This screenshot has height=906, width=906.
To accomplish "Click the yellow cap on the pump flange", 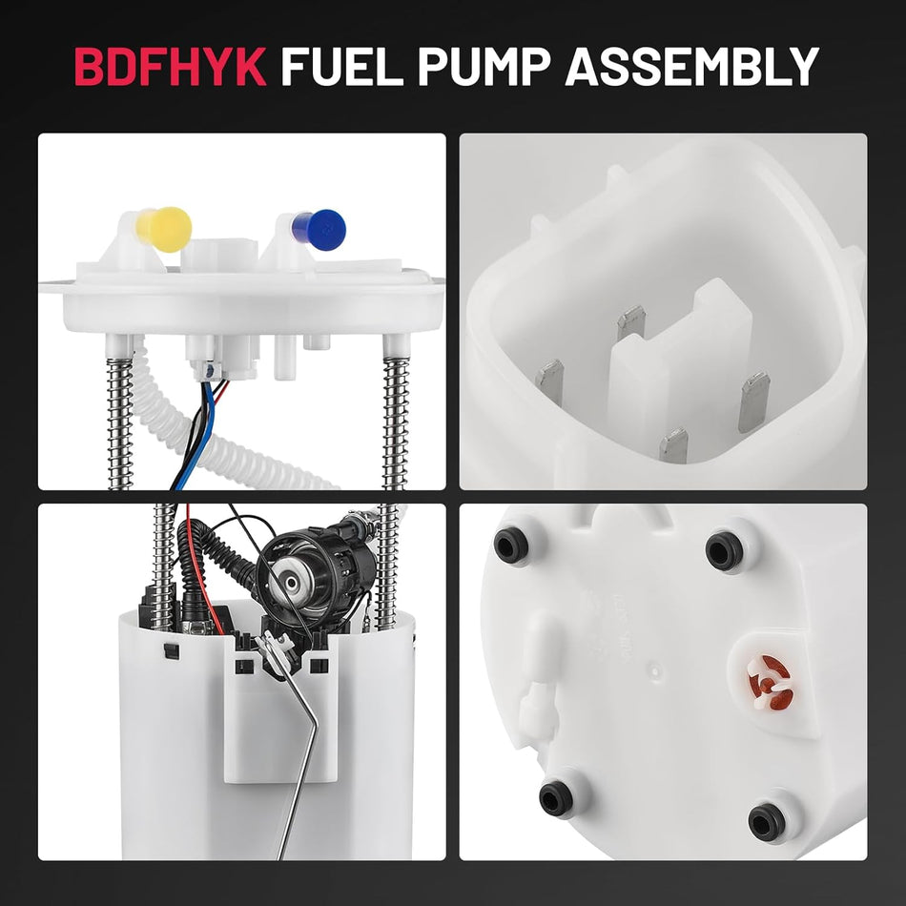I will pos(168,229).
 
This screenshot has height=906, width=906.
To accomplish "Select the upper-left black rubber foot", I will pos(510,545).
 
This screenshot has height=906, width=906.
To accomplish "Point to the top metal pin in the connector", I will pos(630,324).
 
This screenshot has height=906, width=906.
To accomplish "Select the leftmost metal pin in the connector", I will pos(549,379).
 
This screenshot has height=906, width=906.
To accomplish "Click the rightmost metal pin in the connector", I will pos(753,401).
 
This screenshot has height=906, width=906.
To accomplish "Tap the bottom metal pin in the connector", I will pos(673,444).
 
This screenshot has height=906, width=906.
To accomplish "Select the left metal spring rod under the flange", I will pos(120,420).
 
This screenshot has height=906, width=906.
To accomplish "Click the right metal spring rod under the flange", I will pos(394,420).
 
